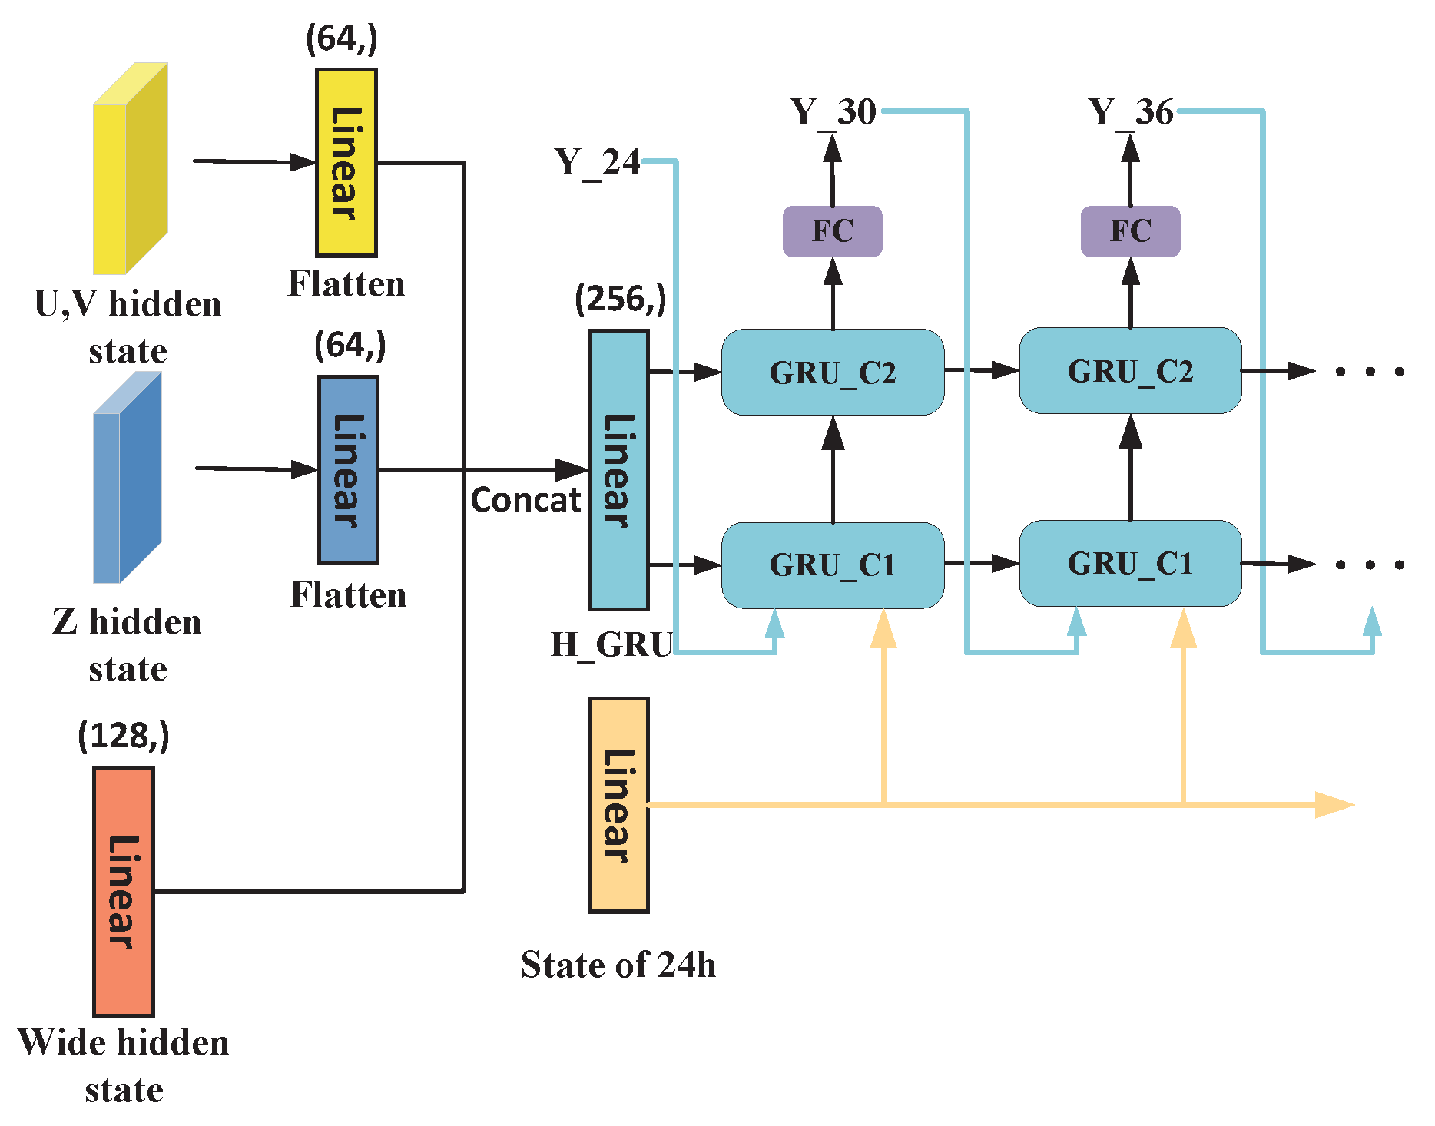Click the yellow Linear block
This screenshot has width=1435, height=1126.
click(346, 163)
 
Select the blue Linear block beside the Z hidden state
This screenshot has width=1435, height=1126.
click(348, 470)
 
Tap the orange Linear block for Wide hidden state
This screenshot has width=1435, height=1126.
click(123, 891)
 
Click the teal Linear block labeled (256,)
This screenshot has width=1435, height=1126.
click(618, 470)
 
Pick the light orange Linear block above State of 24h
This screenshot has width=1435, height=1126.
click(618, 805)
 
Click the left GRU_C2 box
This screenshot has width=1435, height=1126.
click(833, 373)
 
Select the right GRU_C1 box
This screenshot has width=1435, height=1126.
click(1130, 564)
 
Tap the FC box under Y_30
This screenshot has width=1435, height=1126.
click(833, 231)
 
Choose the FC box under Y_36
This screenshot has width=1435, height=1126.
click(1130, 231)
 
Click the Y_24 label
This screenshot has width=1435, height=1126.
click(597, 163)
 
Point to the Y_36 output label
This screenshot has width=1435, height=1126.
click(1130, 113)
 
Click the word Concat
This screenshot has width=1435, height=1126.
click(525, 500)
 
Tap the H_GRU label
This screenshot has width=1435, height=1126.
click(611, 644)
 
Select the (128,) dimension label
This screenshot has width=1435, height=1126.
click(123, 736)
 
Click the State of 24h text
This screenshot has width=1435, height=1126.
click(618, 965)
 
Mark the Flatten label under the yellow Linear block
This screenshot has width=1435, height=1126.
click(346, 284)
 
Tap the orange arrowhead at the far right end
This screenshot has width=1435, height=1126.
click(1335, 805)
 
